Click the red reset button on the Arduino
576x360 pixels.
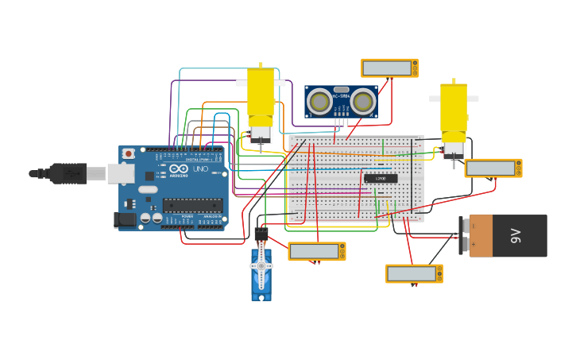129,153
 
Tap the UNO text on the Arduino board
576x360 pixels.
201,169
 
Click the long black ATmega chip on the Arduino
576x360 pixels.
191,205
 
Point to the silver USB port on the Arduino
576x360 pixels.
121,172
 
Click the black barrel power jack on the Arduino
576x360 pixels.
125,219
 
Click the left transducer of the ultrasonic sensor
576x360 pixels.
320,102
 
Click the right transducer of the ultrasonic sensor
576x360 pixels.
363,102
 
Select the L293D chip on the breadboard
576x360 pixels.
381,178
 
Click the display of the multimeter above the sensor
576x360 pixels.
387,68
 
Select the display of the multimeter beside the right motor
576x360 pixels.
490,168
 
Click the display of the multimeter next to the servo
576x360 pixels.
314,251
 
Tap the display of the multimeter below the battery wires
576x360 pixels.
412,273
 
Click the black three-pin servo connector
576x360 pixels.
261,234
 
